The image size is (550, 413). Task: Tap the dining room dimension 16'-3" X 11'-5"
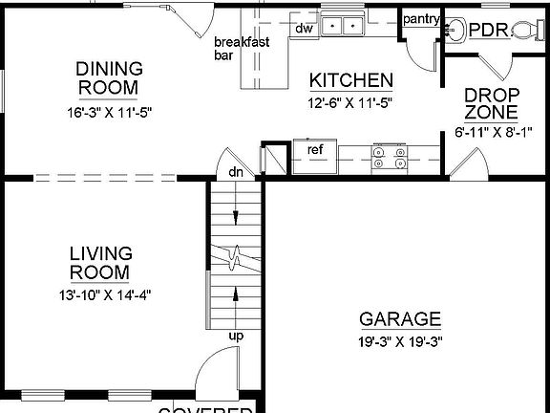tap(110, 112)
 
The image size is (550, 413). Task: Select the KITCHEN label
tap(350, 80)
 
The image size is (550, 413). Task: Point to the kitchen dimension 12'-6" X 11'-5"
tap(350, 101)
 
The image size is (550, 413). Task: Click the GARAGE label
tap(400, 319)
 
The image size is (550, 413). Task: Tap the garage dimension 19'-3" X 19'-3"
tap(400, 340)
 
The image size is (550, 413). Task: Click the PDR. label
tap(489, 30)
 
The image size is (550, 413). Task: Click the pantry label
tap(420, 19)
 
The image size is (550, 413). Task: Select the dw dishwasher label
tap(305, 28)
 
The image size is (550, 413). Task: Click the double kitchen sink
tap(342, 26)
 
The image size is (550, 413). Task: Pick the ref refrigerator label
tap(315, 149)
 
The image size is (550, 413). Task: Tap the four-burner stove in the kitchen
tap(389, 156)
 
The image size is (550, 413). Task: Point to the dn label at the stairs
tap(235, 172)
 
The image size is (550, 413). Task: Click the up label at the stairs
tap(235, 336)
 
